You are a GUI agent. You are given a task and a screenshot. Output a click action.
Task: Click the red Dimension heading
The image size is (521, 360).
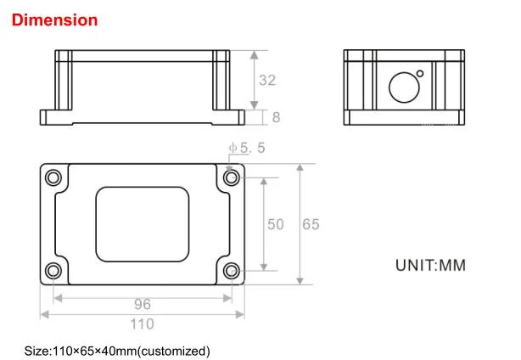coord(54,20)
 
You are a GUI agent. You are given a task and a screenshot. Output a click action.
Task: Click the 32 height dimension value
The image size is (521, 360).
coord(267,80)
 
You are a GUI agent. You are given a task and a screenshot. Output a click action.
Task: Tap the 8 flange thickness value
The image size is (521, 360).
coord(276,117)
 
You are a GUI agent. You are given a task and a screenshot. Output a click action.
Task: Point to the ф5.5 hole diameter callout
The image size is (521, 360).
coord(247,148)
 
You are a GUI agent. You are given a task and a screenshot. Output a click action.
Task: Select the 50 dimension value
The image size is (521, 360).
coord(276,224)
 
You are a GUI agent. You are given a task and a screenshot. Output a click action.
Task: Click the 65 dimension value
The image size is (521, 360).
coord(311,224)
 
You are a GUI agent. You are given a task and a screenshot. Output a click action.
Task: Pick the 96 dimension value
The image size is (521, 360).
coord(143,304)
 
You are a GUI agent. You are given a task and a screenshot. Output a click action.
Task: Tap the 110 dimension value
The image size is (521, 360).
coord(142,324)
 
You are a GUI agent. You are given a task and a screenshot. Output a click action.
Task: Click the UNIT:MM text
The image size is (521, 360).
coord(430,265)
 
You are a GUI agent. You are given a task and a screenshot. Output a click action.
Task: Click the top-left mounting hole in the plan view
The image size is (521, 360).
coord(53,177)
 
